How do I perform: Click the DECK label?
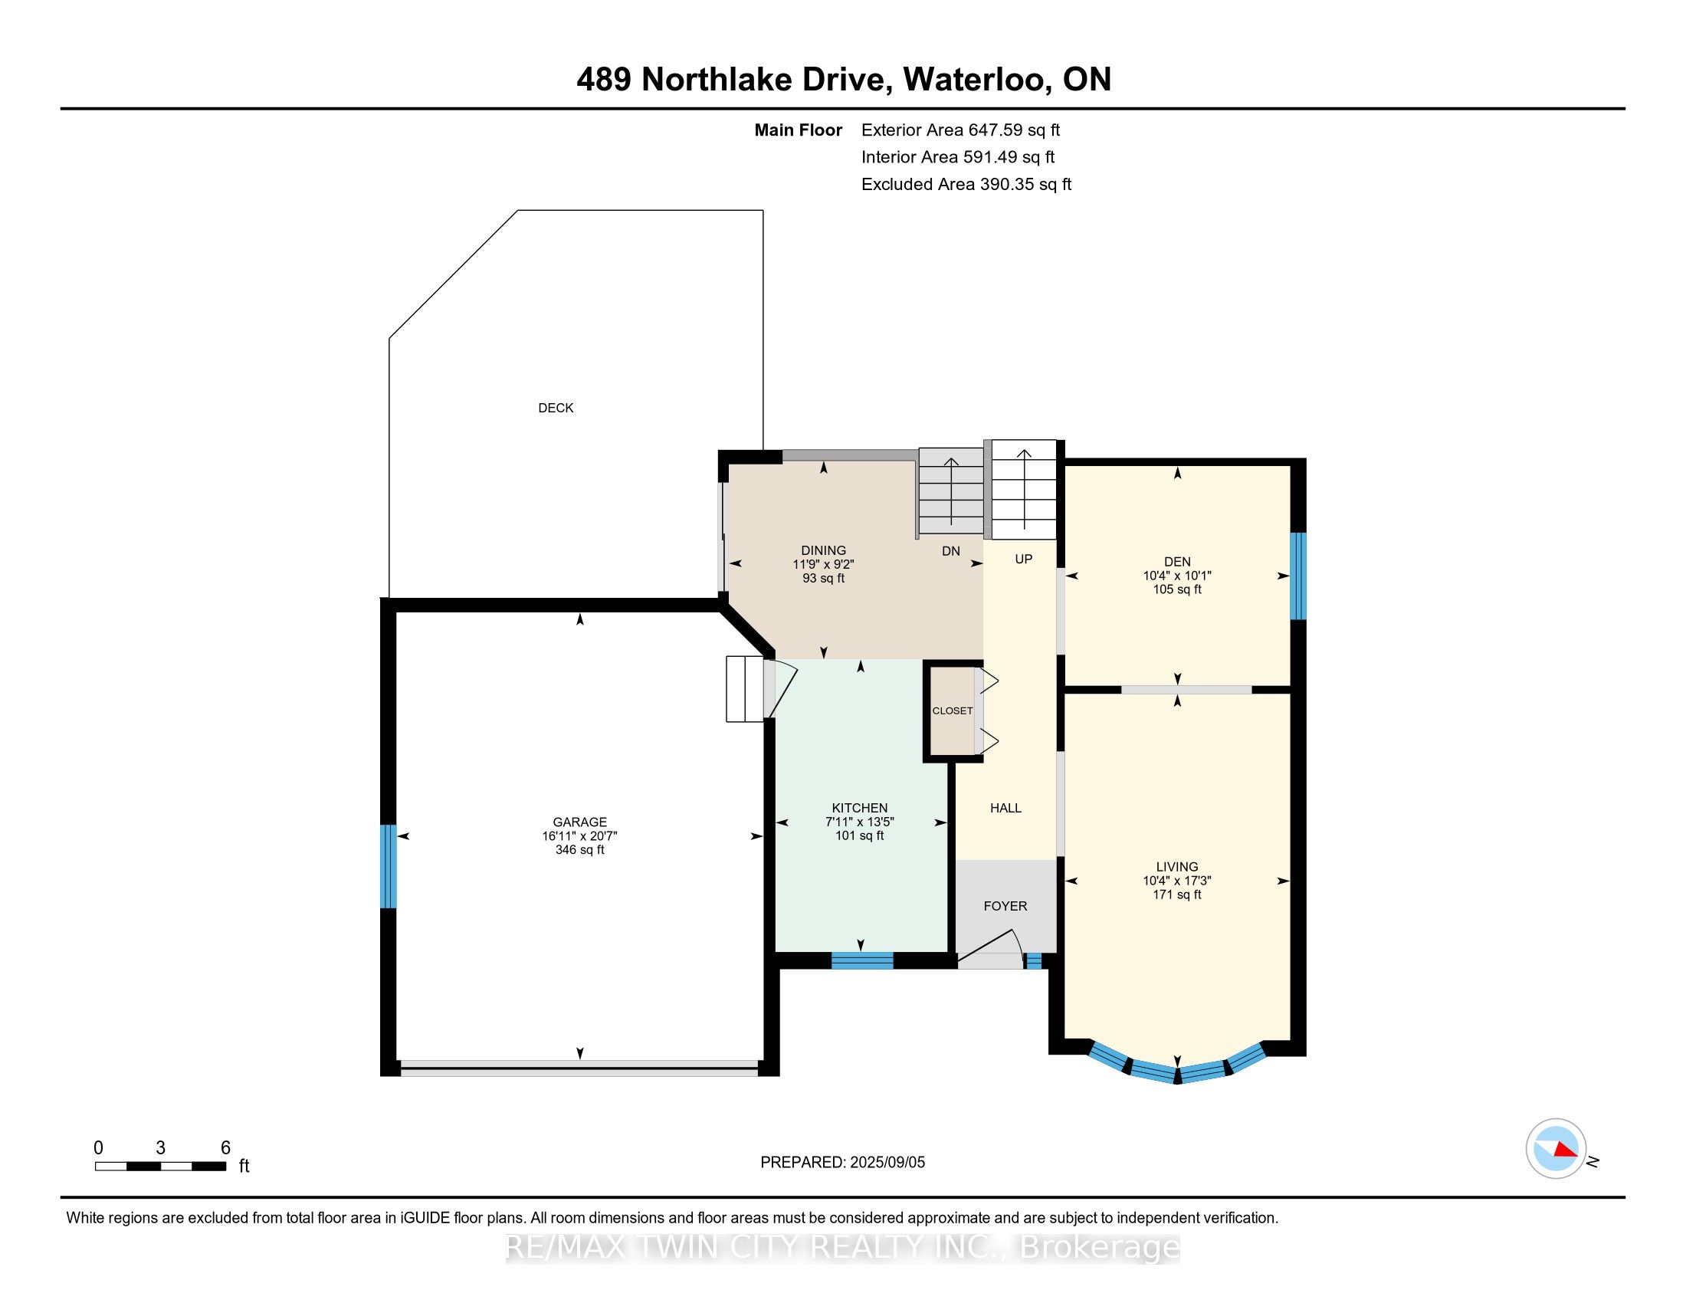555,408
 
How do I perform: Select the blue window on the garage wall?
389,866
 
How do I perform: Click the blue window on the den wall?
1298,576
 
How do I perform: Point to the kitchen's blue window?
861,961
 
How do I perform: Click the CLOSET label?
952,711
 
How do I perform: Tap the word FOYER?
1005,906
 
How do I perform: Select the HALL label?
1005,808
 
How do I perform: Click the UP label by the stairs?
1023,559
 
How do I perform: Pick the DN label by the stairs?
950,551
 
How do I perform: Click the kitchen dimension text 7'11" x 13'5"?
859,822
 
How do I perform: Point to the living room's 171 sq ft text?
1176,894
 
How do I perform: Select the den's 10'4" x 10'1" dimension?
1176,576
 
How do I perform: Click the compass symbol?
1556,1149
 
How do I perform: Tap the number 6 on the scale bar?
225,1148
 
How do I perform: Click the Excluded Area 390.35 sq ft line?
966,185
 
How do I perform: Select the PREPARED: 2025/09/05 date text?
842,1163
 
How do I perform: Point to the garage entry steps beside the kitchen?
744,688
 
